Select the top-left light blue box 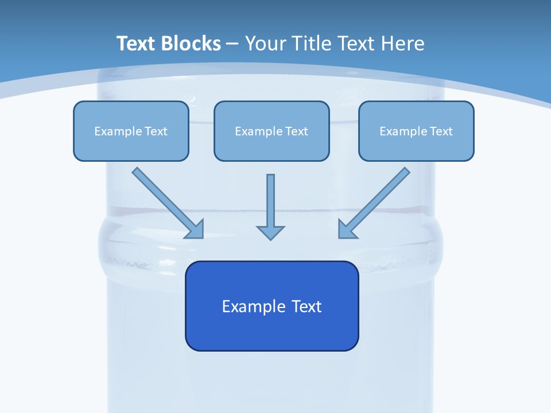click(131, 131)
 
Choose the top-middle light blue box click(271, 131)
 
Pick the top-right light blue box click(416, 131)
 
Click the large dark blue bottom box click(271, 306)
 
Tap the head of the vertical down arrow click(270, 232)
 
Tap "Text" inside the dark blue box click(306, 306)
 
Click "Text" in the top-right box click(441, 131)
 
